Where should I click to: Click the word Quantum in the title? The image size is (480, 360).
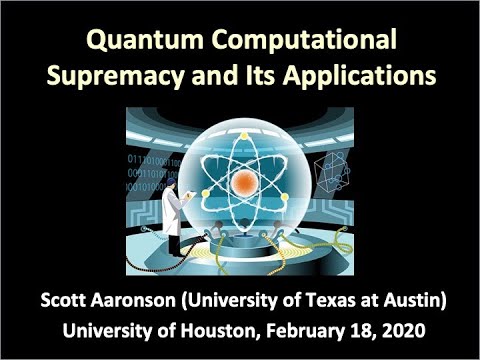pos(130,41)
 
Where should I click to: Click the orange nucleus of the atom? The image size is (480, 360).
pos(241,182)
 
